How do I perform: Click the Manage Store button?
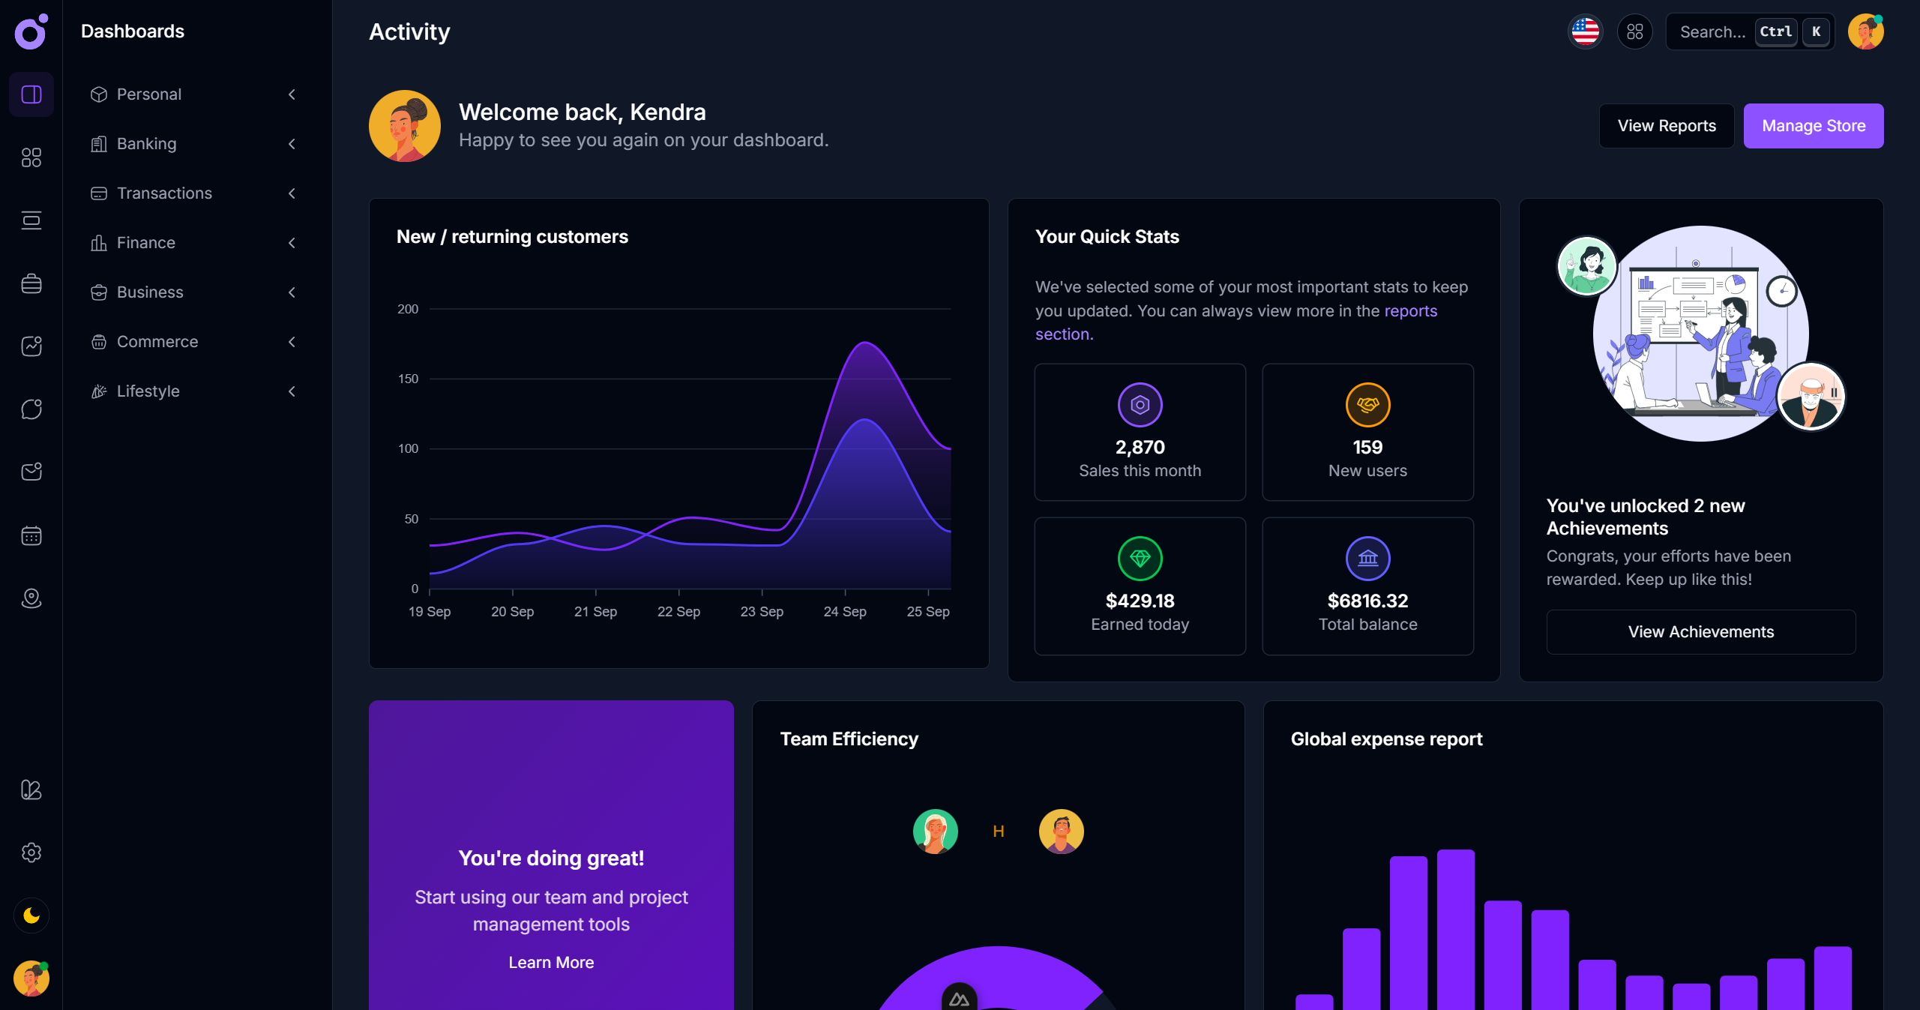tap(1813, 126)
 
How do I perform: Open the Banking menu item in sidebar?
tap(147, 144)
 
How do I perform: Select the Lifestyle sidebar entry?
tap(148, 391)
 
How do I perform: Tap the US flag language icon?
tap(1585, 31)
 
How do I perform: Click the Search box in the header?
tap(1712, 32)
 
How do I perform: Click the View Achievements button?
tap(1700, 632)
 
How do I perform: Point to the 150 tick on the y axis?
tap(408, 379)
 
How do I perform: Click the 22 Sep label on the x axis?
tap(678, 612)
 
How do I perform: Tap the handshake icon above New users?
tap(1367, 405)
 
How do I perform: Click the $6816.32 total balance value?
tap(1367, 601)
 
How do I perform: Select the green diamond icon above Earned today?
tap(1140, 559)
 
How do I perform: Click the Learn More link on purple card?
tap(551, 963)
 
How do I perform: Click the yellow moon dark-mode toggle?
tap(31, 916)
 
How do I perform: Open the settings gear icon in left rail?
tap(31, 853)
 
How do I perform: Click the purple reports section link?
tap(1409, 311)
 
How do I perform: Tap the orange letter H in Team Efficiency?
tap(998, 832)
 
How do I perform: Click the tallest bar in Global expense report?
tap(1455, 930)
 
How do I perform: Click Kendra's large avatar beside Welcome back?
tap(405, 126)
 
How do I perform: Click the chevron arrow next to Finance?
tap(292, 243)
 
